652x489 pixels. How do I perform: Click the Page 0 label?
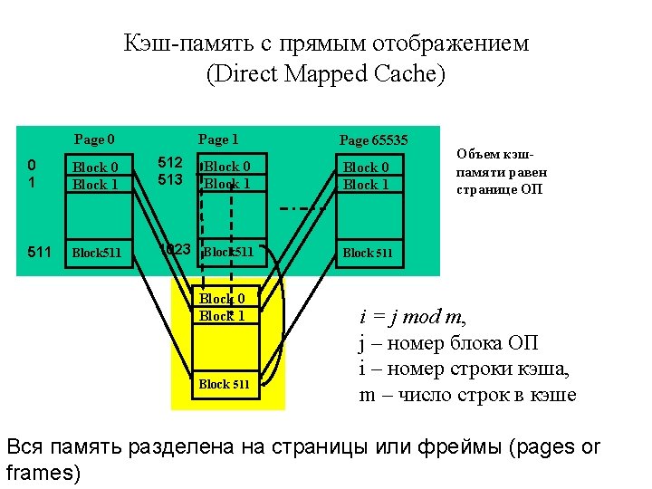[x=94, y=139]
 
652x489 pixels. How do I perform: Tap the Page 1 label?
[x=218, y=139]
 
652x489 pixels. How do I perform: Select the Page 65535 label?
[x=374, y=139]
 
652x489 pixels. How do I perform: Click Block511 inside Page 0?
[x=96, y=253]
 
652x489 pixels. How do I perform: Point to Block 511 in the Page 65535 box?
[x=368, y=253]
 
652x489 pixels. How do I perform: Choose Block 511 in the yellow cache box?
[x=225, y=384]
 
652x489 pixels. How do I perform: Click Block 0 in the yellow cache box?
[x=222, y=299]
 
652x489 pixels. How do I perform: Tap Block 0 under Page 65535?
[x=366, y=167]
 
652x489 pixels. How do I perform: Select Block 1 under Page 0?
[x=95, y=185]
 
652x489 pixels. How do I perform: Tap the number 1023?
[x=175, y=248]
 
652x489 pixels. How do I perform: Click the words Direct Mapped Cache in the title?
[x=326, y=74]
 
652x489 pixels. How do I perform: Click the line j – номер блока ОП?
[x=449, y=343]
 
